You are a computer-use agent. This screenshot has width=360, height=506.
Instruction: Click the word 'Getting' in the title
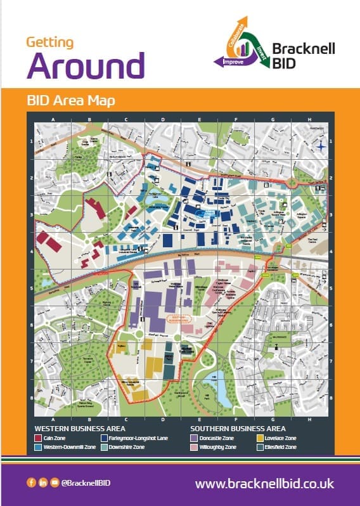(49, 42)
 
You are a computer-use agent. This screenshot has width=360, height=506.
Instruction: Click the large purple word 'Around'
(86, 65)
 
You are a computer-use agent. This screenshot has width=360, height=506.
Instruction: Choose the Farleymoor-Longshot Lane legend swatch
(103, 438)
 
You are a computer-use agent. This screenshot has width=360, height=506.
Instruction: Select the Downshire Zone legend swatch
(103, 448)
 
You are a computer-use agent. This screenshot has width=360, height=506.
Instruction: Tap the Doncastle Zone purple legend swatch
(195, 438)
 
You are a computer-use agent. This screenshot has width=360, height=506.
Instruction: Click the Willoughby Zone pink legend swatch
(195, 448)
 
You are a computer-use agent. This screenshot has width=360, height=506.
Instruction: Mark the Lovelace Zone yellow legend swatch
(260, 438)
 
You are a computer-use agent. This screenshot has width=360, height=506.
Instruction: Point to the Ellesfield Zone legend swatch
(260, 448)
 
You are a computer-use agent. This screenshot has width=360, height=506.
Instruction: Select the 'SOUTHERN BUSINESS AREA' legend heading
(232, 429)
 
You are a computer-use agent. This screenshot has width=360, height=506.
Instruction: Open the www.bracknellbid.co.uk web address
(264, 483)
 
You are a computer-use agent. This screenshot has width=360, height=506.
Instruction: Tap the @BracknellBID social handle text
(82, 484)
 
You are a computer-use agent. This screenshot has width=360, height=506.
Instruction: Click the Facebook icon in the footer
(31, 483)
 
